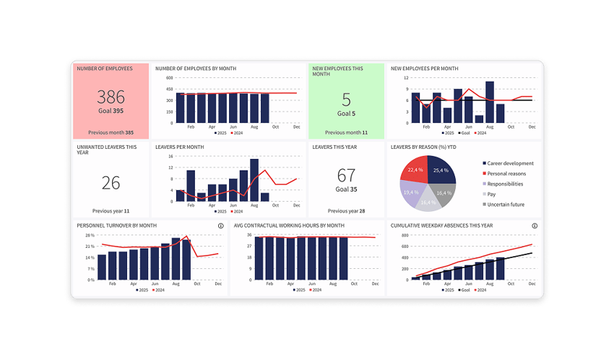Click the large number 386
coord(111,97)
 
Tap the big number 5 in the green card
coord(346,100)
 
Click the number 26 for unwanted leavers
coord(111,182)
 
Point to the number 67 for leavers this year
coord(346,176)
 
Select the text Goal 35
coord(346,189)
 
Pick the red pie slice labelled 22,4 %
coord(416,170)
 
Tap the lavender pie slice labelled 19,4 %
coord(412,194)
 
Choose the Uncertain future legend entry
coord(506,205)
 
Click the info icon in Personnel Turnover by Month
coord(220,226)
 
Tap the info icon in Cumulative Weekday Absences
coord(535,226)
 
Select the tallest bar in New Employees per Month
coord(490,102)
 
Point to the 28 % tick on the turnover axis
coord(90,236)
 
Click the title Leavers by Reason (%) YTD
coord(421,147)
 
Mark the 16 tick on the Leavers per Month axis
coord(169,156)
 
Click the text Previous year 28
coord(346,211)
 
